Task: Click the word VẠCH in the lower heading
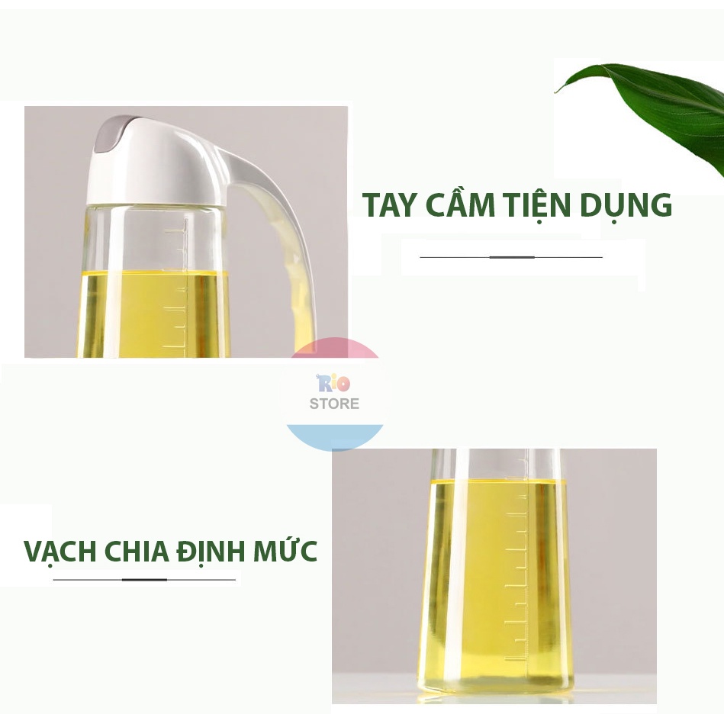click(x=60, y=551)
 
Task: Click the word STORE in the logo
click(x=334, y=404)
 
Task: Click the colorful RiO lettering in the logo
click(x=333, y=383)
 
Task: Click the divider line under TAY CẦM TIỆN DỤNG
click(x=511, y=257)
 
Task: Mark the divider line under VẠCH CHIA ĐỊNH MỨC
click(x=144, y=580)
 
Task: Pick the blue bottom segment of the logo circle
click(x=335, y=436)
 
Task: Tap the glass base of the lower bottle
click(x=495, y=686)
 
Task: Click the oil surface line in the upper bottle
click(x=155, y=273)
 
